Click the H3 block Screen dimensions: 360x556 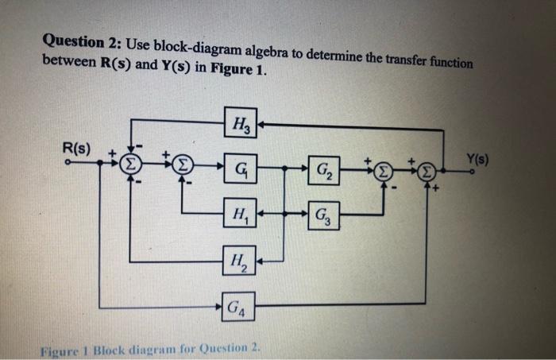pyautogui.click(x=240, y=124)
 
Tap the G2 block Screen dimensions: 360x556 pyautogui.click(x=324, y=170)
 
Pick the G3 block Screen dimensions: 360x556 pyautogui.click(x=324, y=215)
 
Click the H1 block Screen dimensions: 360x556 pyautogui.click(x=239, y=214)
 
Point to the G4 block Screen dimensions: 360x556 pyautogui.click(x=237, y=304)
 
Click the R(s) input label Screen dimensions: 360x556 pyautogui.click(x=76, y=149)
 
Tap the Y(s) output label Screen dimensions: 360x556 pyautogui.click(x=477, y=158)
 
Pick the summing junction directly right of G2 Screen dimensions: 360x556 pyautogui.click(x=384, y=172)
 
